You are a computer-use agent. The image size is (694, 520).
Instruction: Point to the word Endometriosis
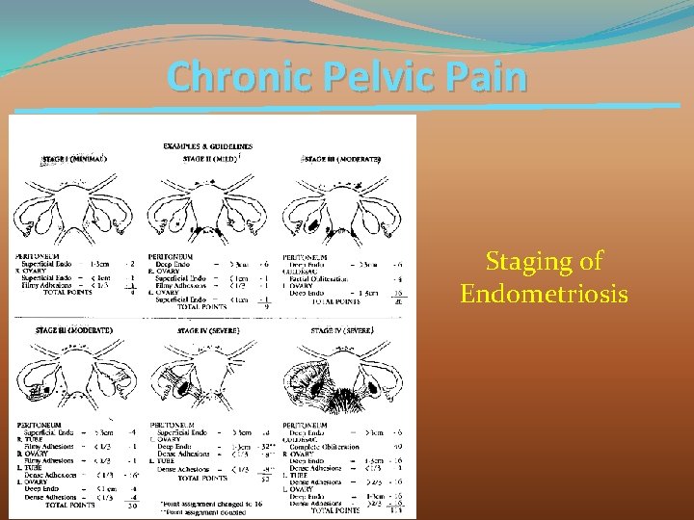coord(544,293)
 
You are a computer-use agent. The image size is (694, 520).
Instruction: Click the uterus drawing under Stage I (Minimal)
coord(76,201)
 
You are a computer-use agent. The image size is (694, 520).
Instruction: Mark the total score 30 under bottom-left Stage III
coord(132,506)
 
